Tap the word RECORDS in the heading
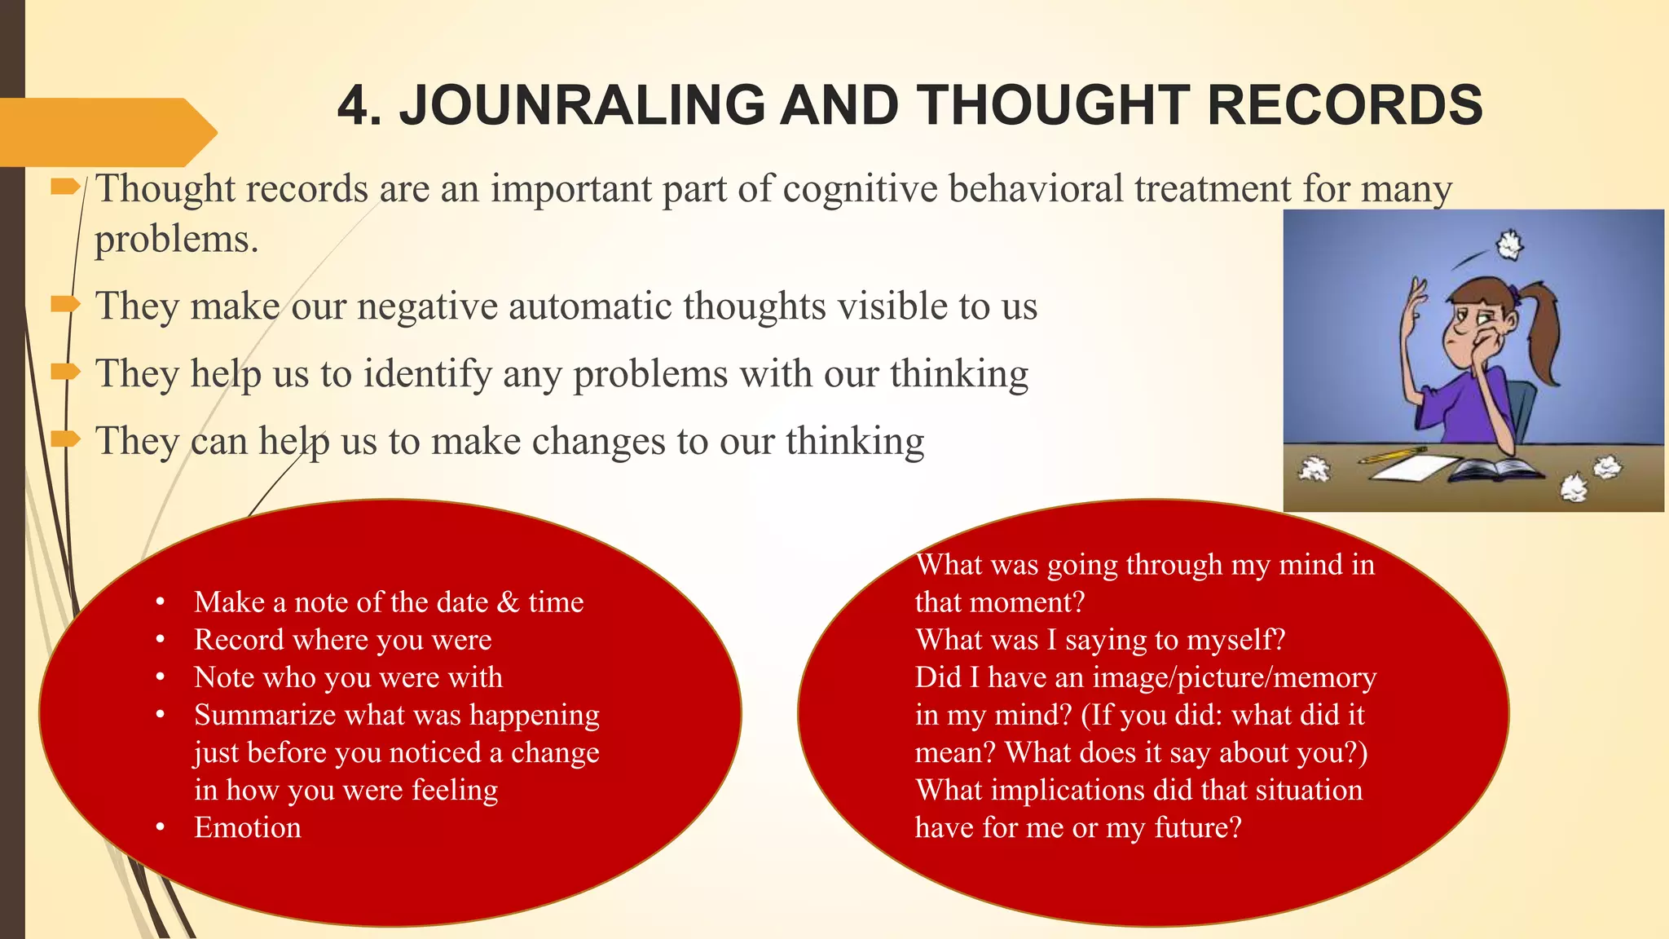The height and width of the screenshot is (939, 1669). (1345, 106)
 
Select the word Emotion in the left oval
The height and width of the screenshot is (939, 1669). (248, 828)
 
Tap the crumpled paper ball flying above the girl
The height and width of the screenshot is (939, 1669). (1509, 245)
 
